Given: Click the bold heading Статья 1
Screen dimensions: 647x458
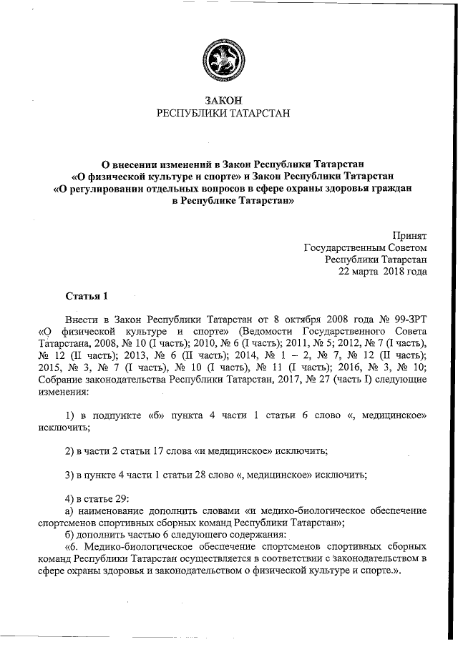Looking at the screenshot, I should (87, 295).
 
